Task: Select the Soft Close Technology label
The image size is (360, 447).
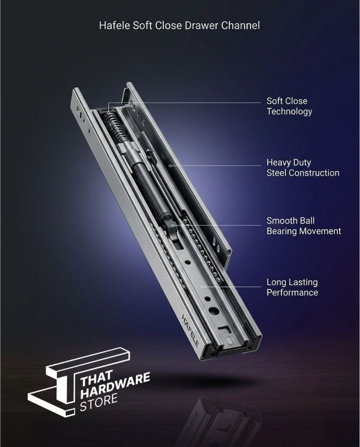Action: click(289, 106)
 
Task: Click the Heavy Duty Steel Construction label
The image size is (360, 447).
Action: click(303, 168)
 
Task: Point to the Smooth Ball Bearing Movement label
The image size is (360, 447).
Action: click(304, 226)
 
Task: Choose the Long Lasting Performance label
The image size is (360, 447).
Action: click(292, 287)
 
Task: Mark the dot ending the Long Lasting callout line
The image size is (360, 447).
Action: click(202, 286)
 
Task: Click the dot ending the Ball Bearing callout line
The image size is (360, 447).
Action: click(173, 225)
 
